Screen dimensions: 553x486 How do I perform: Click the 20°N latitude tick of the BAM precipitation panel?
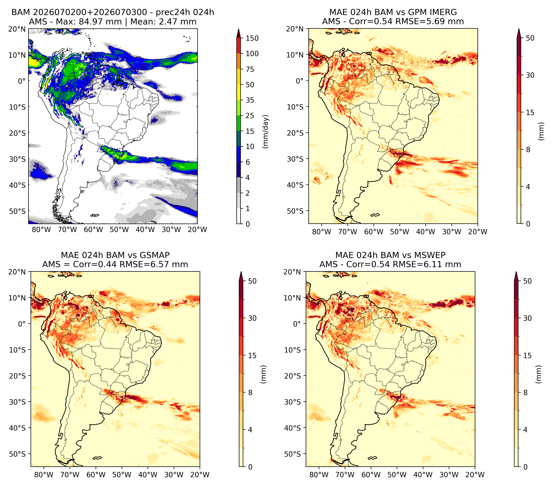(x=17, y=29)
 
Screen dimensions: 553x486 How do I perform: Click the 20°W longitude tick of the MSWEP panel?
(x=475, y=475)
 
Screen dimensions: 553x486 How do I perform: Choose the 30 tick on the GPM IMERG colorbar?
(x=530, y=75)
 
